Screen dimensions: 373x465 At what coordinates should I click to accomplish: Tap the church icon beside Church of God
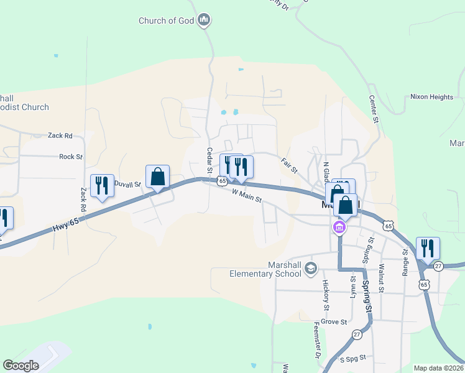coord(203,21)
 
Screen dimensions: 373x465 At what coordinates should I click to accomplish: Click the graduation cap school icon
coord(311,269)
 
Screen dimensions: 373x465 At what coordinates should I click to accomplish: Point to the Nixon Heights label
coord(431,97)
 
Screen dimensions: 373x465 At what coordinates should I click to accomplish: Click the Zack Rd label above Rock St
coord(60,136)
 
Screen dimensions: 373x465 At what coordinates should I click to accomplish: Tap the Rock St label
coord(71,157)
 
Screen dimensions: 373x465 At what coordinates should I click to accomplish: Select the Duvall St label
coord(129,185)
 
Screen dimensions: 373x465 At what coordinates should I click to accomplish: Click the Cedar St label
coord(209,161)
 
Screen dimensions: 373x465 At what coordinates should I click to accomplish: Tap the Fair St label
coord(290,165)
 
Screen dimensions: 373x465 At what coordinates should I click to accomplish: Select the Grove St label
coord(334,321)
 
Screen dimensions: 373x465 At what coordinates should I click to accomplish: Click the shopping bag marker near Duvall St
coord(158,177)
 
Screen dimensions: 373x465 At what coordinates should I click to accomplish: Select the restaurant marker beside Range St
coord(428,248)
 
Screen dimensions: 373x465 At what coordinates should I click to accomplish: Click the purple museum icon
coord(339,228)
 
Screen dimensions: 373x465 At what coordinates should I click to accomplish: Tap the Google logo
coord(21,366)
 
